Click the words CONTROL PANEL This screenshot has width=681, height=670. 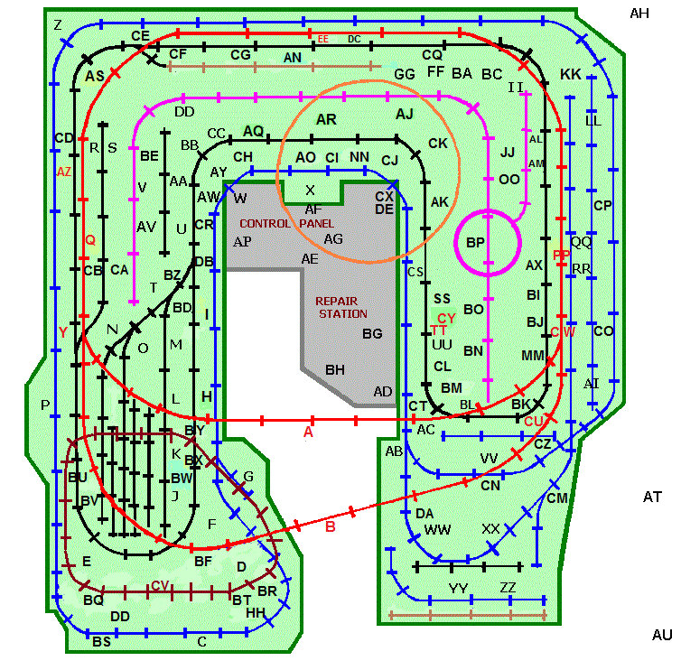click(x=286, y=223)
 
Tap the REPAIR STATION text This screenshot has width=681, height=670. click(x=340, y=307)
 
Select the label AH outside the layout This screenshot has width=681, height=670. click(x=639, y=13)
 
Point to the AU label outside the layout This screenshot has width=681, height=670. click(x=662, y=636)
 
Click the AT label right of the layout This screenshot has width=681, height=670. click(x=653, y=497)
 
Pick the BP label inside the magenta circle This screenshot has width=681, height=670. click(x=475, y=243)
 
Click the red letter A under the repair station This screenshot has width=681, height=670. click(x=308, y=433)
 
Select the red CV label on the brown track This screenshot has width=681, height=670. click(x=160, y=585)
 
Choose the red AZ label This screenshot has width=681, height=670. click(x=64, y=172)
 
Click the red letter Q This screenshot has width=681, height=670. click(x=89, y=240)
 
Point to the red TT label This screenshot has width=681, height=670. click(x=440, y=330)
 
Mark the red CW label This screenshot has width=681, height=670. click(x=562, y=332)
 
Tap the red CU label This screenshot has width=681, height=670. click(x=534, y=421)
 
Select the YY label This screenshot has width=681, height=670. click(x=459, y=589)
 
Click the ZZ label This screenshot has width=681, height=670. click(x=508, y=589)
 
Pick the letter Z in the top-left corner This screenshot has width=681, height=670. click(x=58, y=24)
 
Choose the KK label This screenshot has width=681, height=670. click(x=570, y=74)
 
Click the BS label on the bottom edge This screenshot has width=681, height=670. click(x=101, y=642)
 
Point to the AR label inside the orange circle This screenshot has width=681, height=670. click(x=326, y=119)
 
